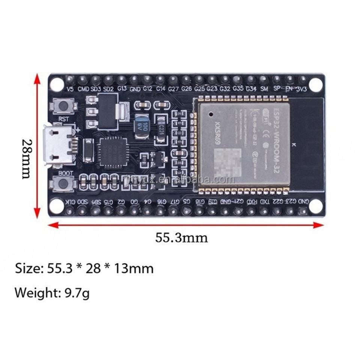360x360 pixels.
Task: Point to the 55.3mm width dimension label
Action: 181,237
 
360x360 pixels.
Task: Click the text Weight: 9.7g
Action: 52,292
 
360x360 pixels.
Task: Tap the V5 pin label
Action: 69,89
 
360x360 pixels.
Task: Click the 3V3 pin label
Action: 301,89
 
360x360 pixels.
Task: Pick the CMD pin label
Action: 83,89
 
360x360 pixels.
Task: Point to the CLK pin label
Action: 70,202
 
